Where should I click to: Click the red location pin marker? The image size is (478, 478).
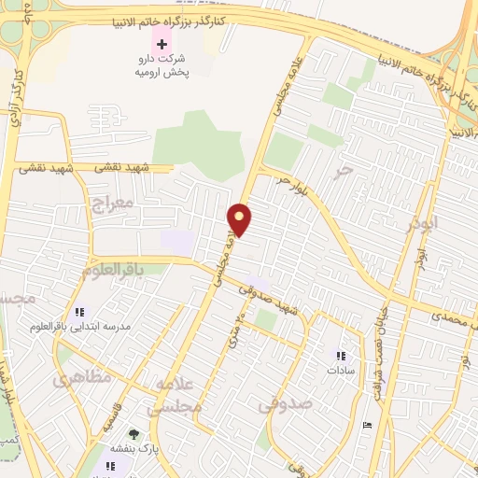[x=240, y=219]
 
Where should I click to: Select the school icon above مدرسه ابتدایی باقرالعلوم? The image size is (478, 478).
[x=78, y=311]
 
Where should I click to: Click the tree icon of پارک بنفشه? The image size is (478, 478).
[x=134, y=433]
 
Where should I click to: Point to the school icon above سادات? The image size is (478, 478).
[x=341, y=355]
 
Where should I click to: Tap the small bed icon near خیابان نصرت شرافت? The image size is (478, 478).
[x=367, y=425]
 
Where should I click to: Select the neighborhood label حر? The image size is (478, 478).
[x=346, y=169]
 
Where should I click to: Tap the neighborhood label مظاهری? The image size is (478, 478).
[x=82, y=378]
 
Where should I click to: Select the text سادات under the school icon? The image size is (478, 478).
[x=340, y=371]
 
